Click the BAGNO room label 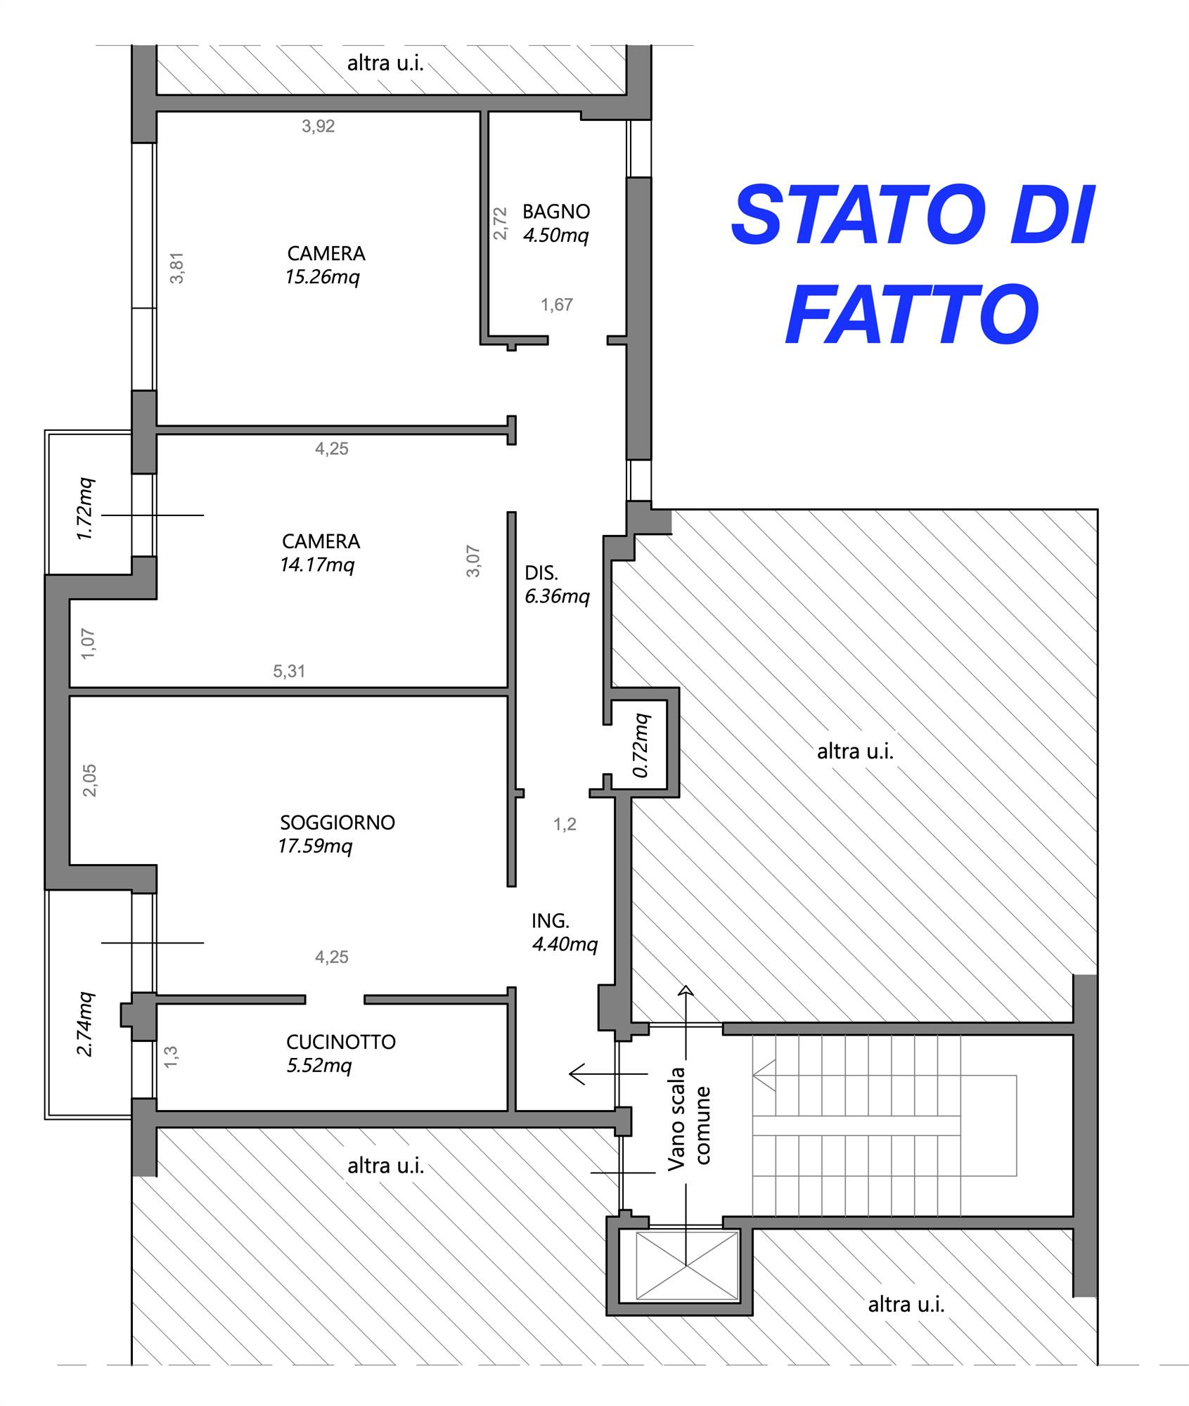[556, 212]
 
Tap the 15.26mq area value [323, 277]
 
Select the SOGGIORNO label [338, 823]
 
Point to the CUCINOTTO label [341, 1042]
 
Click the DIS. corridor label [541, 573]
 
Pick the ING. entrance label [551, 921]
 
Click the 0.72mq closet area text [641, 746]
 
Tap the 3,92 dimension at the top [319, 127]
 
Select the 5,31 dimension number [290, 671]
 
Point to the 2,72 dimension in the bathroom [500, 224]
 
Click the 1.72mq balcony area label [84, 509]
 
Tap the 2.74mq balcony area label [84, 1024]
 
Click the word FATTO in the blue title [912, 314]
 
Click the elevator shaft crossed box [687, 1266]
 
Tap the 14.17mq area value [318, 565]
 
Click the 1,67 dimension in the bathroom [557, 305]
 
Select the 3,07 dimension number [473, 561]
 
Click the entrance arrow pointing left [608, 1074]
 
